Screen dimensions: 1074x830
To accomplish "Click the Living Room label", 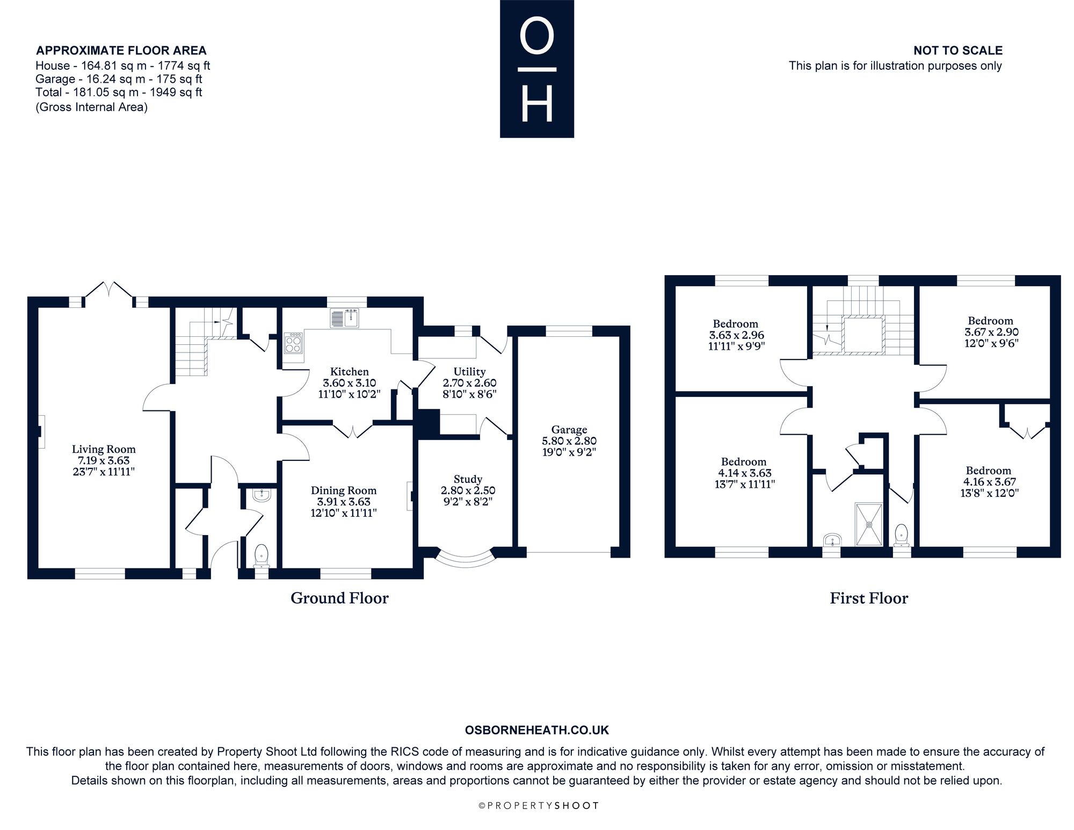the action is pyautogui.click(x=104, y=449).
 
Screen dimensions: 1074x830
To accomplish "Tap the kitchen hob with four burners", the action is pyautogui.click(x=293, y=343).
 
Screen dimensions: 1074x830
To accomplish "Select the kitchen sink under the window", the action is pyautogui.click(x=345, y=318).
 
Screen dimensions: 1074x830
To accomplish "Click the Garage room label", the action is pyautogui.click(x=569, y=429).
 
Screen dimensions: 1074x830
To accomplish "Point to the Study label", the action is pyautogui.click(x=468, y=479).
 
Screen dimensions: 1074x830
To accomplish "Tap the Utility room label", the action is pyautogui.click(x=469, y=371).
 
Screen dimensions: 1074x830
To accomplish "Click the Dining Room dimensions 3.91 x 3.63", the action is pyautogui.click(x=344, y=502).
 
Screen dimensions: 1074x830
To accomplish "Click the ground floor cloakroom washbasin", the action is pyautogui.click(x=262, y=494).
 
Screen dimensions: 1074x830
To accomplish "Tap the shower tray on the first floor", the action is pyautogui.click(x=869, y=524).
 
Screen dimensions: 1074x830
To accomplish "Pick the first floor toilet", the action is pyautogui.click(x=902, y=535).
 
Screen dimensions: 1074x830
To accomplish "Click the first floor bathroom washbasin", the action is pyautogui.click(x=831, y=539).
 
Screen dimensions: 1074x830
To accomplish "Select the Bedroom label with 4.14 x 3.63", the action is pyautogui.click(x=744, y=461).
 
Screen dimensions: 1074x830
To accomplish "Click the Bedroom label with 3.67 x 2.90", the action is pyautogui.click(x=991, y=321).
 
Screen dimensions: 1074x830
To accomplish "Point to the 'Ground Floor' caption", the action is pyautogui.click(x=339, y=598).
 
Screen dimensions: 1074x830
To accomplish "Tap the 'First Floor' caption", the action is pyautogui.click(x=869, y=598).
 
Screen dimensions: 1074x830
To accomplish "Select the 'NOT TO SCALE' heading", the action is pyautogui.click(x=958, y=50).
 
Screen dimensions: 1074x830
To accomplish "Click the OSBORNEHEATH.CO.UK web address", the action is pyautogui.click(x=537, y=730).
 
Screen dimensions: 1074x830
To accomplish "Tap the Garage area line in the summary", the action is pyautogui.click(x=119, y=79).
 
